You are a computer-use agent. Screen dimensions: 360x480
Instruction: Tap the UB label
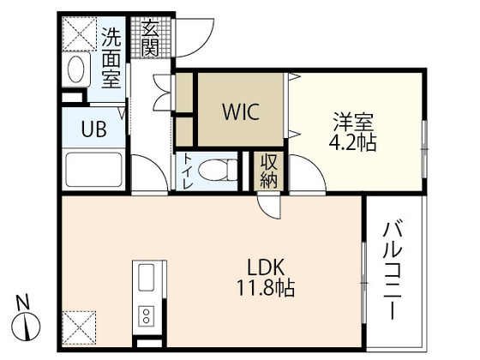tap(93, 129)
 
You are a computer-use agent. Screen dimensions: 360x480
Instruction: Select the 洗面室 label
tap(112, 57)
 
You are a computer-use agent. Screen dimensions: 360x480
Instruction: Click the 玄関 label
tap(151, 38)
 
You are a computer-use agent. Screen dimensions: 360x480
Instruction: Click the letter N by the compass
tap(24, 302)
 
